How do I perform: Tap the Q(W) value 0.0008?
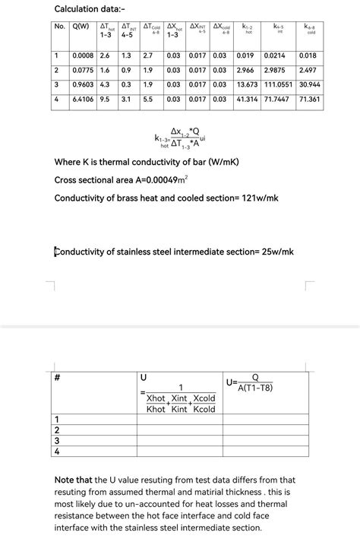83,55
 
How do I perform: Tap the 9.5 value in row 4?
105,99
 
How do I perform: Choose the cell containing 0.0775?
83,70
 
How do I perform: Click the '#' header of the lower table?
57,378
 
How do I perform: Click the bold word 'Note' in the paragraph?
65,480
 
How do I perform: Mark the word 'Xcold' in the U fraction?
204,398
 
